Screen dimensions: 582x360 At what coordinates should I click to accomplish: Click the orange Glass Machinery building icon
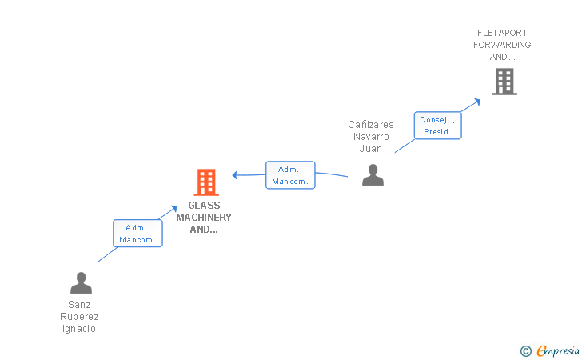206,182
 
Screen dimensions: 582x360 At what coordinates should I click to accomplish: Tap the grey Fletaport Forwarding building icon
504,82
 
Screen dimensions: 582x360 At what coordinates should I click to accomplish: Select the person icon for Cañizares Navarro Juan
373,174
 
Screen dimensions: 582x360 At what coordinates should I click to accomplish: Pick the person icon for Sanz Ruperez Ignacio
81,282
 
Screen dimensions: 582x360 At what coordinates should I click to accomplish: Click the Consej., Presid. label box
437,126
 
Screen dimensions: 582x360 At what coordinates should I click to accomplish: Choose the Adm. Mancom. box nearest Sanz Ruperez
138,234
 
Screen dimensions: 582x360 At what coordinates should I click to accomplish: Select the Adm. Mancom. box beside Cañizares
290,175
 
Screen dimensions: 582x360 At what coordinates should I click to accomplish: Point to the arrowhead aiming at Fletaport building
477,102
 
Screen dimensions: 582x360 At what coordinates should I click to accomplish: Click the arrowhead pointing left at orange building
234,175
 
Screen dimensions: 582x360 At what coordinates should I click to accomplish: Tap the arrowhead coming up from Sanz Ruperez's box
173,209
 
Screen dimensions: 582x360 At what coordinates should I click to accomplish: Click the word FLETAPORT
502,33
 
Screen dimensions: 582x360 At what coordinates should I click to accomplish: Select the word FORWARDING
502,45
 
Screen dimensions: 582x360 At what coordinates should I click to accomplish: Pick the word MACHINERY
204,218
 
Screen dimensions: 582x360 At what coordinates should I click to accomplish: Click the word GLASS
204,206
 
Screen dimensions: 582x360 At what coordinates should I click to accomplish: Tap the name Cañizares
371,125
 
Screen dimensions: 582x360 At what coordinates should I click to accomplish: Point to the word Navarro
371,137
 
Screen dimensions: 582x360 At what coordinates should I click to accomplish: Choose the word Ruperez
79,317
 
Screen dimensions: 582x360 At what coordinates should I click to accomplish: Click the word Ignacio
79,329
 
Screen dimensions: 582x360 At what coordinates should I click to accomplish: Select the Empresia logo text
558,350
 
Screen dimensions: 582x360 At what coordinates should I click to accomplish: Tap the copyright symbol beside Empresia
526,351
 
